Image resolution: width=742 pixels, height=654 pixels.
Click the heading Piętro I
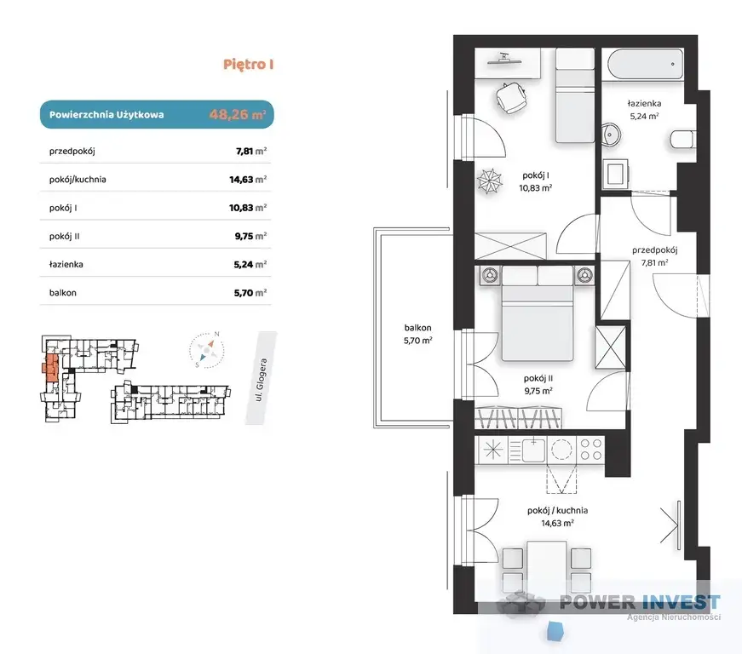click(249, 65)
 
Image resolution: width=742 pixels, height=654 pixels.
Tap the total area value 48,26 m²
click(237, 114)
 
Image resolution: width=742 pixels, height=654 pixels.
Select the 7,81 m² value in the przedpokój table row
click(250, 152)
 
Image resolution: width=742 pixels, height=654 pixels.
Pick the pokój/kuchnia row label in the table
click(78, 180)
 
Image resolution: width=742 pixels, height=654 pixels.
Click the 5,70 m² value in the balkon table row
click(250, 293)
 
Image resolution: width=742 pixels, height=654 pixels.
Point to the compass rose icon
click(207, 349)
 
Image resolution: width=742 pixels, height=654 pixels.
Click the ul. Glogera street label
click(261, 380)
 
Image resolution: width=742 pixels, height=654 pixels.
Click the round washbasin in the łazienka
click(611, 135)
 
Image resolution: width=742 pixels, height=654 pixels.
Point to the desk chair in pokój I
click(510, 97)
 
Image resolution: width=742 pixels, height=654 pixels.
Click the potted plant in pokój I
click(489, 181)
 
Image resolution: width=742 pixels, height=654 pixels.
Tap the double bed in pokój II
click(538, 313)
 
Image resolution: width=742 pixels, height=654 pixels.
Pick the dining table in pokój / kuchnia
click(547, 565)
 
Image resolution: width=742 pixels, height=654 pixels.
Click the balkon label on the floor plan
click(417, 327)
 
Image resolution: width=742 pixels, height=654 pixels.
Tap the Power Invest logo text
click(640, 602)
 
